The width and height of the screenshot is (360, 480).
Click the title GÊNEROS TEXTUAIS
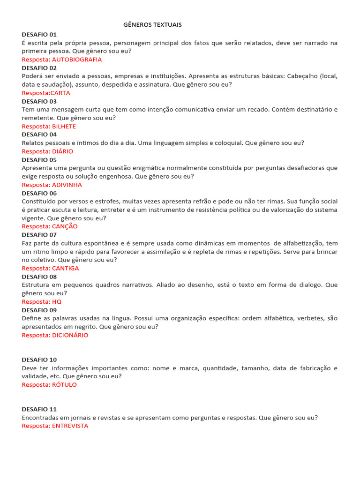click(x=152, y=24)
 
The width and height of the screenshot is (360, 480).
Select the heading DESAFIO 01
click(x=39, y=34)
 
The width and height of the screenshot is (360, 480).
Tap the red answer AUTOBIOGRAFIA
click(x=77, y=60)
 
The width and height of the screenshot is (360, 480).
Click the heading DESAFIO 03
click(x=39, y=101)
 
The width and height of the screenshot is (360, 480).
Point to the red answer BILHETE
click(x=64, y=127)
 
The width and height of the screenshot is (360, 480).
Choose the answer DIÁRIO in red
click(x=62, y=151)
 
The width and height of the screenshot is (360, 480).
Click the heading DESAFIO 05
click(x=39, y=159)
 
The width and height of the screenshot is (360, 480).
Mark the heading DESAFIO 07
click(x=39, y=234)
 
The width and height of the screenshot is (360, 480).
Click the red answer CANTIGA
click(x=65, y=268)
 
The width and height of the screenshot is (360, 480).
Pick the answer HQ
click(x=57, y=301)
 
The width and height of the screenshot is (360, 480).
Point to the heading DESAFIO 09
click(x=39, y=310)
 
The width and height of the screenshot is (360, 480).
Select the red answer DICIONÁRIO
click(x=70, y=335)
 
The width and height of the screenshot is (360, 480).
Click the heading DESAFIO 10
click(x=39, y=360)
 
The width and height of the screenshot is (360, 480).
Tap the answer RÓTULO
click(x=64, y=385)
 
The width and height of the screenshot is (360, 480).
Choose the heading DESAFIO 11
click(x=39, y=409)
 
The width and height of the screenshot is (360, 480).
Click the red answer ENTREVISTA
click(x=70, y=426)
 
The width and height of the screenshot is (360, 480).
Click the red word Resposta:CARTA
click(x=46, y=93)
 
